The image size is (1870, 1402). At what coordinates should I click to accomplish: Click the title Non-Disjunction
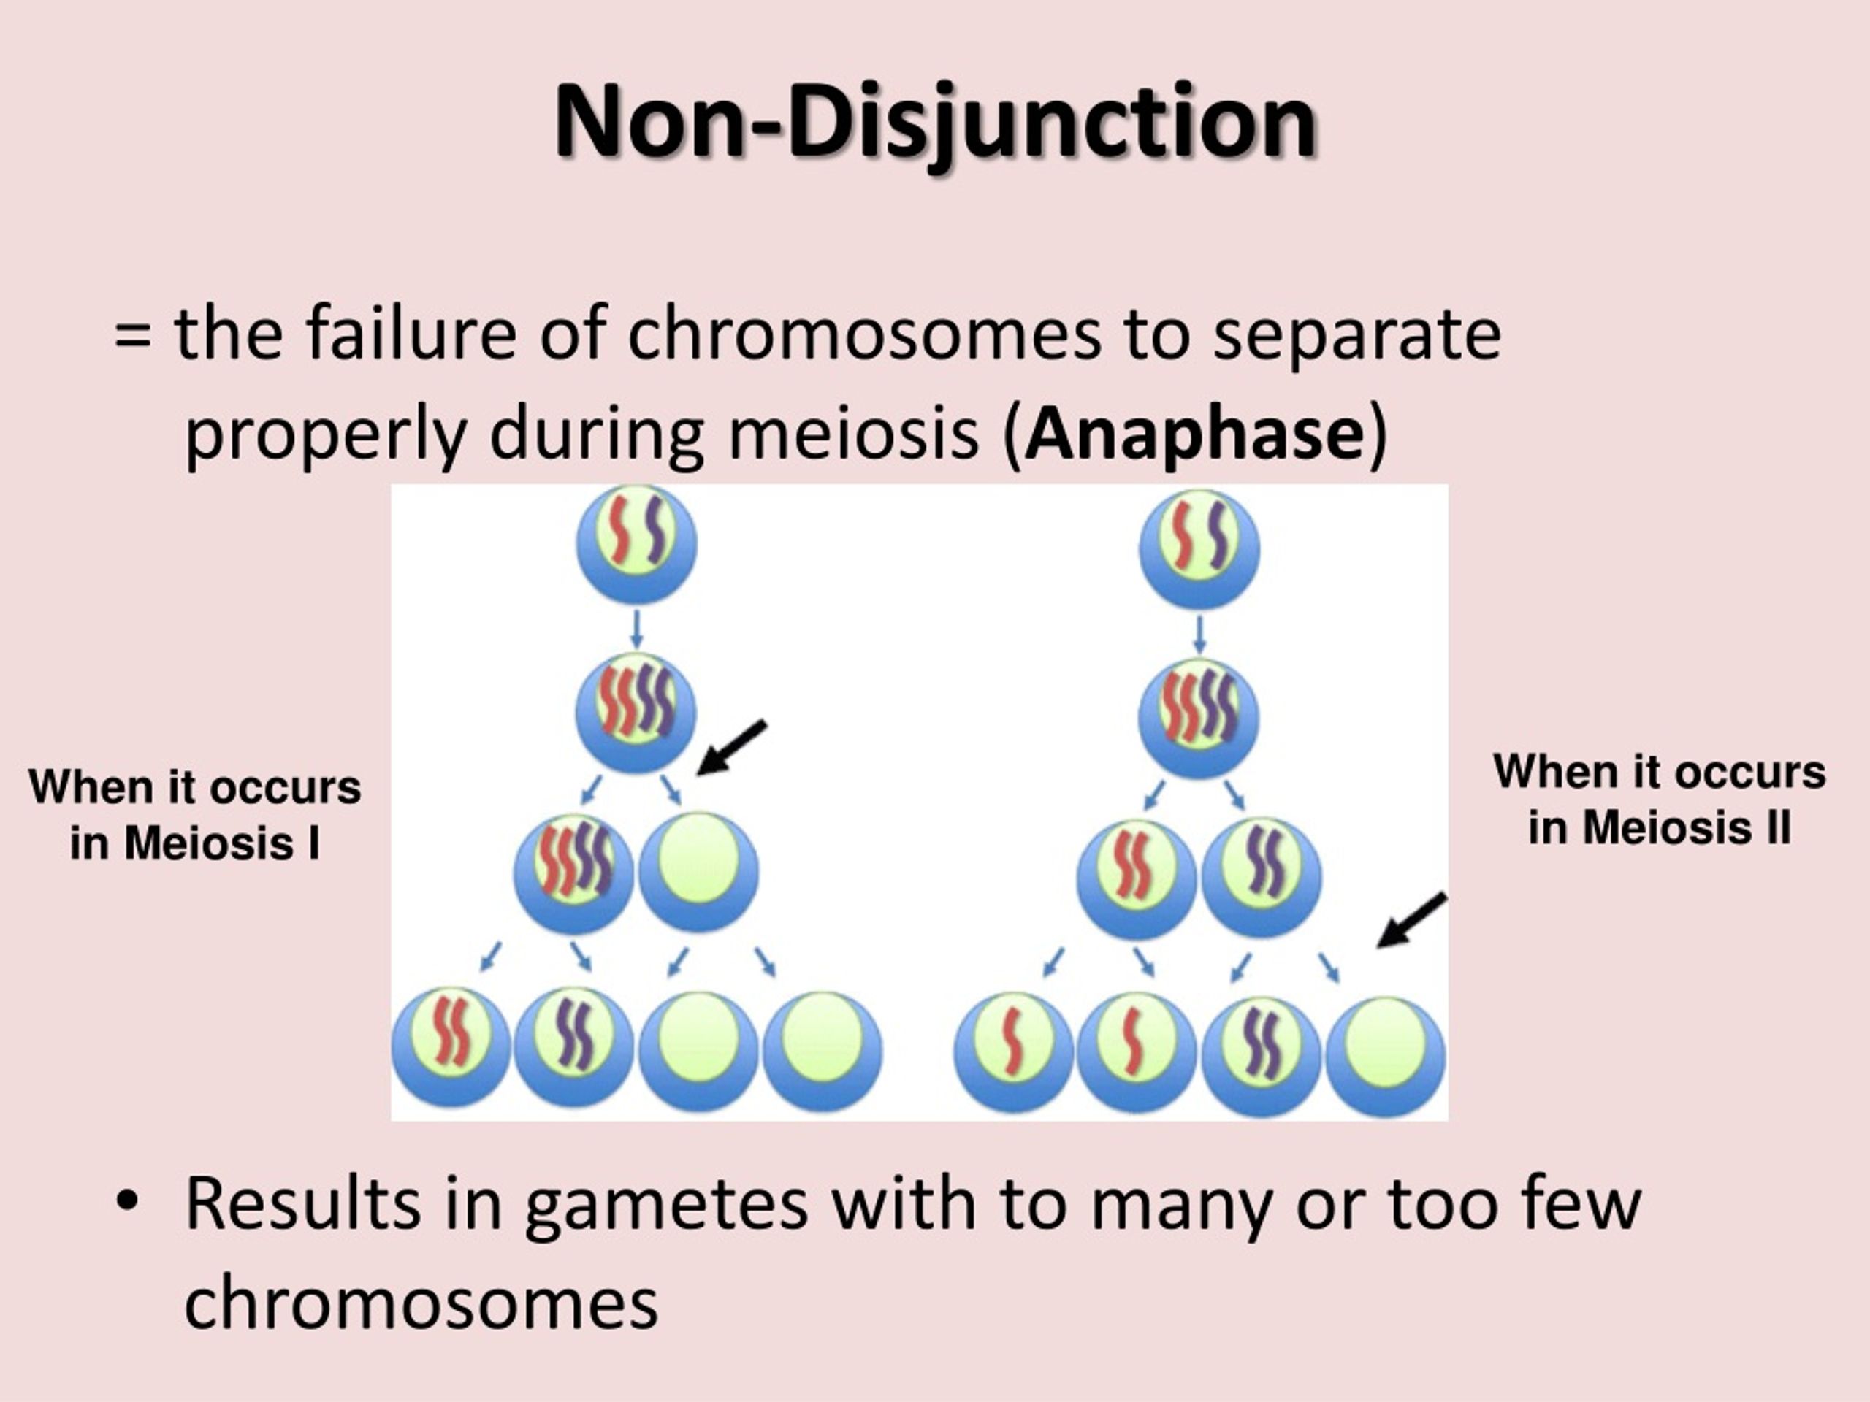[x=935, y=123]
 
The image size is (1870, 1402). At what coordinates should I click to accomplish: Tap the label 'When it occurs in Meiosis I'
[x=194, y=815]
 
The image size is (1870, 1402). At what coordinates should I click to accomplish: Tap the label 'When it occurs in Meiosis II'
[x=1660, y=800]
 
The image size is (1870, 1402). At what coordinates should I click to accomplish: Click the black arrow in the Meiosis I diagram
[x=731, y=747]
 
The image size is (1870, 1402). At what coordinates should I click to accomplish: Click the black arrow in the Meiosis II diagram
[x=1413, y=920]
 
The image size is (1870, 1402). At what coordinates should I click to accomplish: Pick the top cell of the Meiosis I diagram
[x=636, y=543]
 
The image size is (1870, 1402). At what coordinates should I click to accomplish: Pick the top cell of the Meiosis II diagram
[x=1199, y=548]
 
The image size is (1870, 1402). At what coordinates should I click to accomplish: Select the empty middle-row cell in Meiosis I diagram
[x=698, y=871]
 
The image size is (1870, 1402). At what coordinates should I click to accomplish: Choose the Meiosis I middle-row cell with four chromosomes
[x=574, y=874]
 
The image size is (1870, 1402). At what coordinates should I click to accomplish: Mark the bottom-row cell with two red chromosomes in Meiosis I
[x=451, y=1048]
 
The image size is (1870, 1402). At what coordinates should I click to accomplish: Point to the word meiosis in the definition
[x=853, y=434]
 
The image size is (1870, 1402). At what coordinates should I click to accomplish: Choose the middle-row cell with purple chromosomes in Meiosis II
[x=1262, y=877]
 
